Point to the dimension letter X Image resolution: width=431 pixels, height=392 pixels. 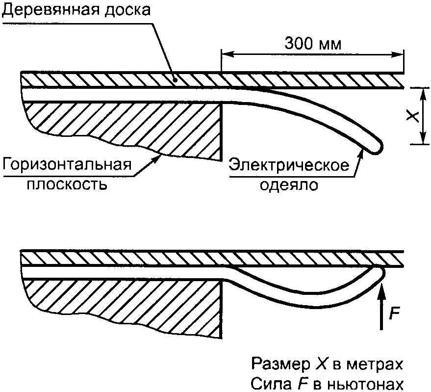(413, 116)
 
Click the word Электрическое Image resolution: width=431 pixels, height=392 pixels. (290, 165)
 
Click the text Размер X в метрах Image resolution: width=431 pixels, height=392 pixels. (328, 365)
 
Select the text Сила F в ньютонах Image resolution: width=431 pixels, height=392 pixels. (328, 384)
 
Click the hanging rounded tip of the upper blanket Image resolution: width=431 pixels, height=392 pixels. (377, 147)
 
